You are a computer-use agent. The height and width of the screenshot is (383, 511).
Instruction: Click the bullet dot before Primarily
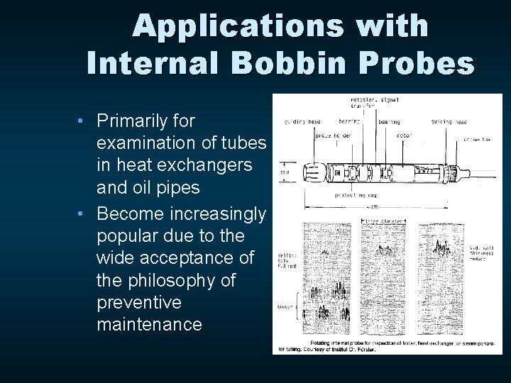coord(82,121)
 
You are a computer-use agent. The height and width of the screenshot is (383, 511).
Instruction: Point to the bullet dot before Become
coord(82,213)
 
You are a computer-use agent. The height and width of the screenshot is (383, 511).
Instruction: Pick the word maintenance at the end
coord(149,325)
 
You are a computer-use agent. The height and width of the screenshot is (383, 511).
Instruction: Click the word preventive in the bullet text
coord(138,303)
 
